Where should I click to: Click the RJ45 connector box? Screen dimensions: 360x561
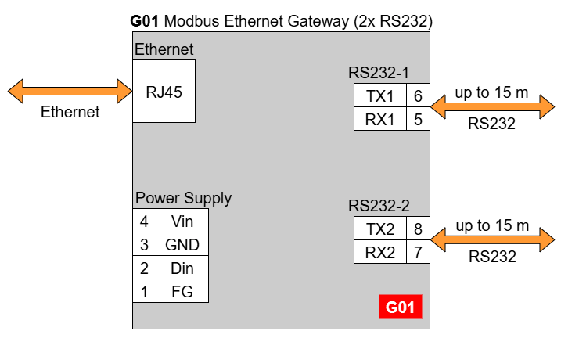164,91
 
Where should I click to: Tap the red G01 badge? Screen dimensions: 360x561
401,307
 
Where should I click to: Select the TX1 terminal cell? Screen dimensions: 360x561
379,96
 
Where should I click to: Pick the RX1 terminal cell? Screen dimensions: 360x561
379,120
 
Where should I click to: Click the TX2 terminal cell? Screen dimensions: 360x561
379,229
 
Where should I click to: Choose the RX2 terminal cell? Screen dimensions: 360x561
379,253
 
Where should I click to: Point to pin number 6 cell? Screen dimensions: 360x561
418,96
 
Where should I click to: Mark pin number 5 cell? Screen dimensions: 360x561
418,120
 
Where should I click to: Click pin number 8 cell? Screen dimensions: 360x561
418,229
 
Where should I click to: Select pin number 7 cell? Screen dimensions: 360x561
418,253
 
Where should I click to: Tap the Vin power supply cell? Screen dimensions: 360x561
182,221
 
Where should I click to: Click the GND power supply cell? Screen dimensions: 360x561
182,245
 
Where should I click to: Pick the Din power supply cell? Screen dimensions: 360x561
182,268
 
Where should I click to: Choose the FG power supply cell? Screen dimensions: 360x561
182,292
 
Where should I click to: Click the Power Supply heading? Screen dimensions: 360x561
183,198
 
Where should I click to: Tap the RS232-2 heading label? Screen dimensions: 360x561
379,207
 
